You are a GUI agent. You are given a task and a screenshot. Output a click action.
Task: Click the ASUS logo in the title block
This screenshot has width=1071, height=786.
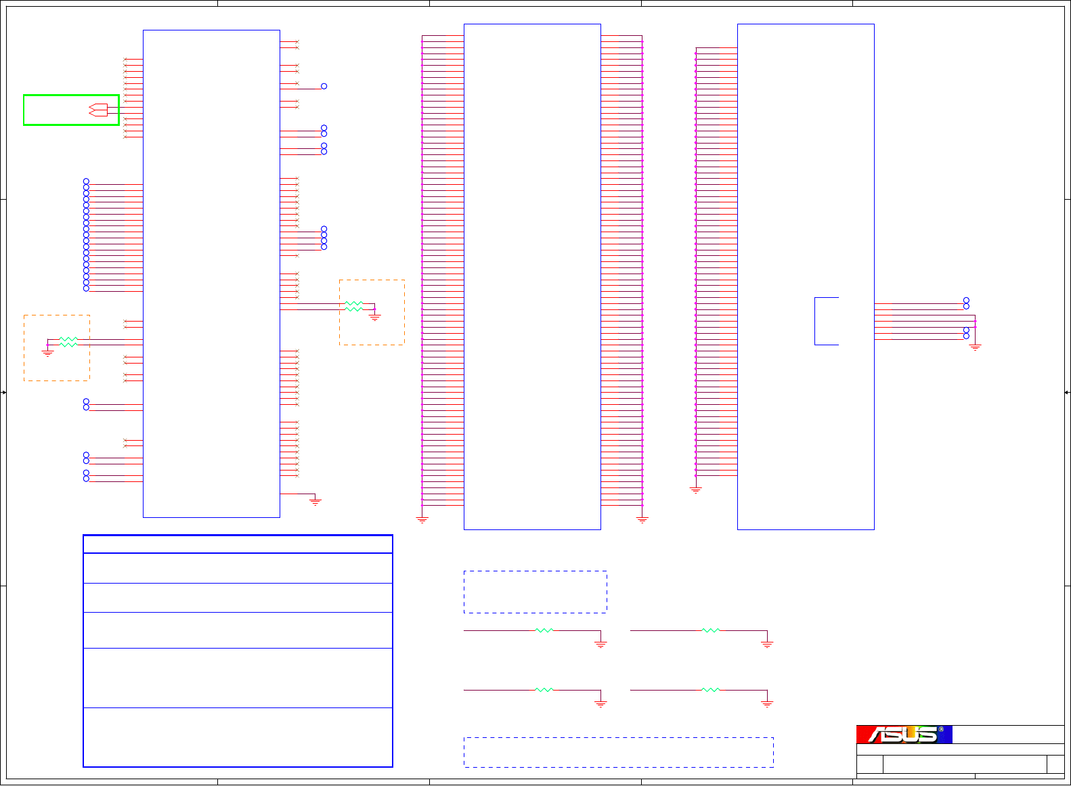[x=904, y=735]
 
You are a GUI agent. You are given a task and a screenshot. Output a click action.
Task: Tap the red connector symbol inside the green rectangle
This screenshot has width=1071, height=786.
[x=98, y=110]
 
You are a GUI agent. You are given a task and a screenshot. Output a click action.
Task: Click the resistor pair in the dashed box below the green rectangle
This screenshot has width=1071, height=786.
[x=68, y=342]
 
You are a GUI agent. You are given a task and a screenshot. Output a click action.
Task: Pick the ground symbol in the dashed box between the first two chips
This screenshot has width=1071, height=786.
[x=375, y=316]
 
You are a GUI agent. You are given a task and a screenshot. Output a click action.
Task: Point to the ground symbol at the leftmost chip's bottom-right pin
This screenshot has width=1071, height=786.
[x=315, y=502]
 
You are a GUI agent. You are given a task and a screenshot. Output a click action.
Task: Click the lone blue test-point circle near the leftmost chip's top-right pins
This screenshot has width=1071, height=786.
[x=324, y=86]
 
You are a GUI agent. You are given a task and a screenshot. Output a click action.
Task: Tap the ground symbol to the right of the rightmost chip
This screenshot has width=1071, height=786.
[x=975, y=347]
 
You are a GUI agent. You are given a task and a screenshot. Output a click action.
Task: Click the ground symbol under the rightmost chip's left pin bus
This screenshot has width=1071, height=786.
[x=695, y=489]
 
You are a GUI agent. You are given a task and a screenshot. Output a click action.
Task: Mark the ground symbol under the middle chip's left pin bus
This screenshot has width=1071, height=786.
[x=422, y=520]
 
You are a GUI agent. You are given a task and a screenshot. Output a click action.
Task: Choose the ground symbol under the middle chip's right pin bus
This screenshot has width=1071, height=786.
[x=642, y=520]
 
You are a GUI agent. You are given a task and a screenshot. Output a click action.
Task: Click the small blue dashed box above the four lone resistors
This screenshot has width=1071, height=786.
[x=535, y=592]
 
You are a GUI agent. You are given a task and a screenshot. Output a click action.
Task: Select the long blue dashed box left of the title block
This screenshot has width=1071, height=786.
[x=618, y=752]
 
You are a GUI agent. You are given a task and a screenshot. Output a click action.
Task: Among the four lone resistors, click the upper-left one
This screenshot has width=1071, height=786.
[x=544, y=630]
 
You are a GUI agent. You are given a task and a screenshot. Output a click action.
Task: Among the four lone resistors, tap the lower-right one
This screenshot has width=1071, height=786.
[x=711, y=690]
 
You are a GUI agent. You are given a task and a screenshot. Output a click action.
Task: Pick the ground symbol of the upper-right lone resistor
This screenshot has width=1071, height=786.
[x=767, y=645]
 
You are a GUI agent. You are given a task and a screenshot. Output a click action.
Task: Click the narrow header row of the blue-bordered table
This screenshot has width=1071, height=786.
[x=238, y=544]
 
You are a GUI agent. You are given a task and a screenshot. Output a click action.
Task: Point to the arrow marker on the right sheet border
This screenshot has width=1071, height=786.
[x=1066, y=393]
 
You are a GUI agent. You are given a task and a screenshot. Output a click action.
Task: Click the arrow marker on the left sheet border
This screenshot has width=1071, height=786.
[x=4, y=393]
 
